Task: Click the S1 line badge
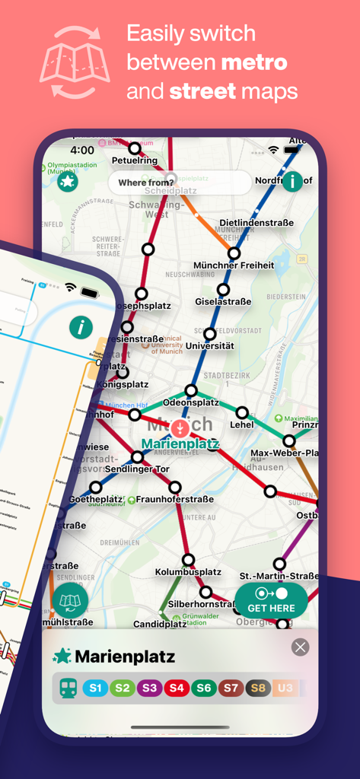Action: click(x=95, y=688)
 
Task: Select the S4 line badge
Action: click(x=177, y=688)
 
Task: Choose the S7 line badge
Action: click(x=231, y=688)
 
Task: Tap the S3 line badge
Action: click(x=150, y=688)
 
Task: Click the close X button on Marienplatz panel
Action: click(x=301, y=647)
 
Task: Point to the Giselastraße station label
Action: click(x=223, y=301)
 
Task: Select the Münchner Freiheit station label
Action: click(x=234, y=265)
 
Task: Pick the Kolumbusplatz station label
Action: click(x=188, y=571)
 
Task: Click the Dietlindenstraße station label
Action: click(x=256, y=223)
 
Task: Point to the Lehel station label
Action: click(x=242, y=424)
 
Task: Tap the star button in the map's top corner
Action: click(x=68, y=181)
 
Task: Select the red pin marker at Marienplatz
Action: click(x=180, y=428)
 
